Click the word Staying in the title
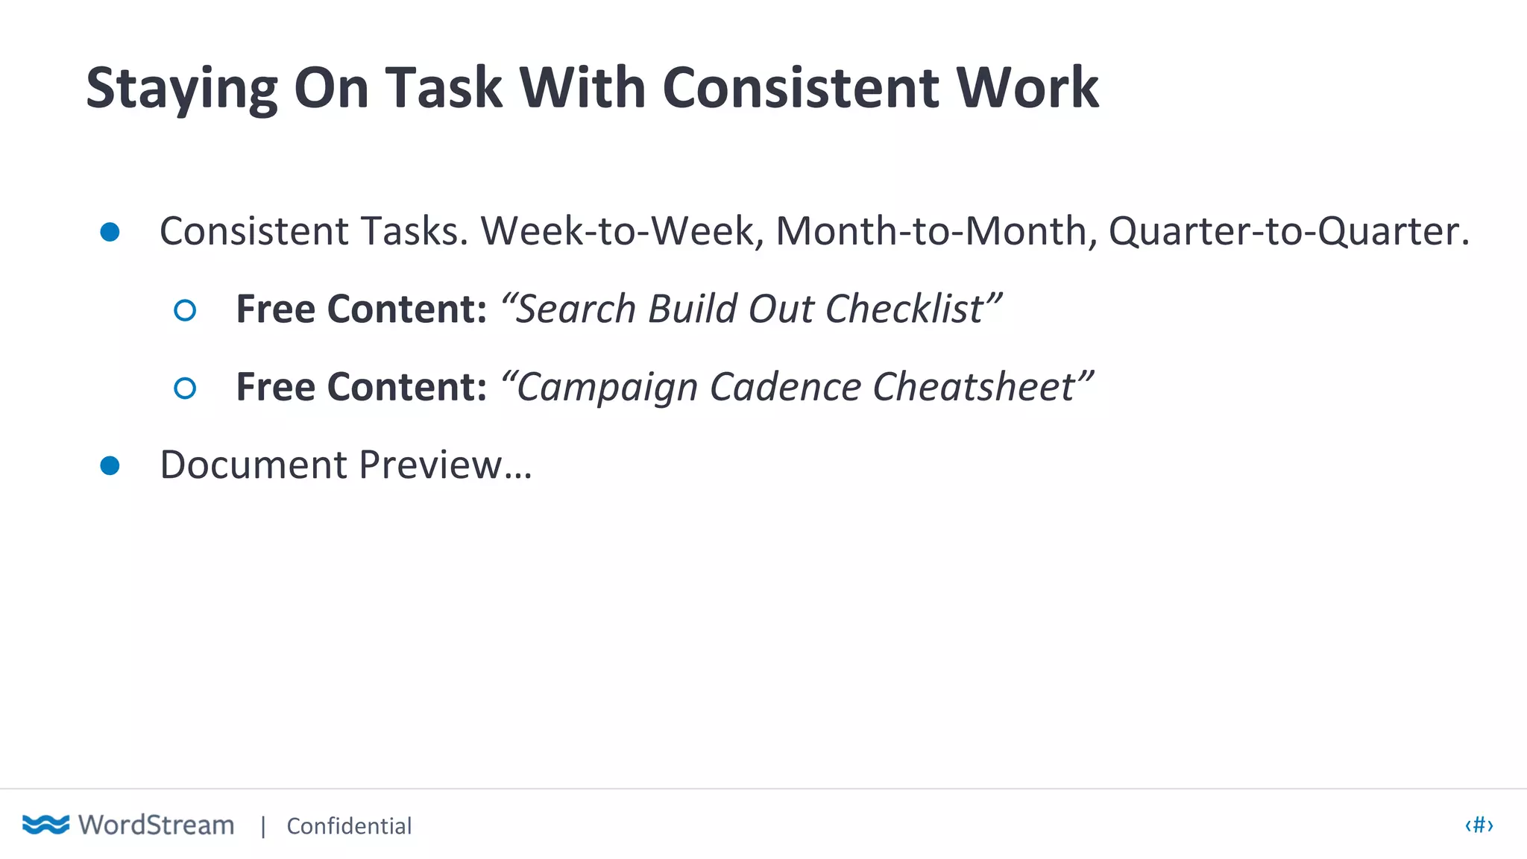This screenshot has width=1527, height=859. point(181,89)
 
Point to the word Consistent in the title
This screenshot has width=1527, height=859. point(800,88)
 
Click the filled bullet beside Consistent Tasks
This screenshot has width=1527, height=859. point(110,232)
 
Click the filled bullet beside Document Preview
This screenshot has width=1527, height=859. point(110,466)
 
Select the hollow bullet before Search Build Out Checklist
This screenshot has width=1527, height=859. point(185,310)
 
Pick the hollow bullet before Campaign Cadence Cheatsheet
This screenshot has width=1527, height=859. point(185,388)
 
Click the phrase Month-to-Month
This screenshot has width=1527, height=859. point(936,231)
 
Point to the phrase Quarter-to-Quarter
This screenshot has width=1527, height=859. point(1288,231)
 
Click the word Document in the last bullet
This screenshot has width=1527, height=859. point(254,465)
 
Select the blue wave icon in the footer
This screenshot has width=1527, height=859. point(45,824)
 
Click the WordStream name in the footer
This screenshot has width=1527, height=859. point(157,825)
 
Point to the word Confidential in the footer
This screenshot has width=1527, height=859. point(349,826)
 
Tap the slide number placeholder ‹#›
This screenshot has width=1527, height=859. point(1479,825)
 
